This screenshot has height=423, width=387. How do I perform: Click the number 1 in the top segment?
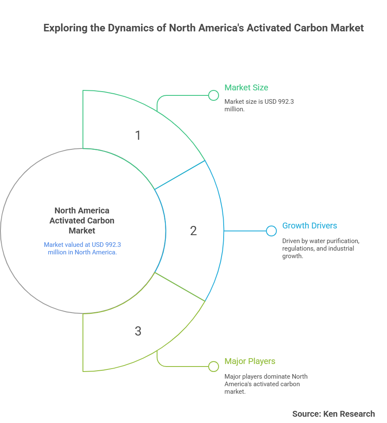click(138, 135)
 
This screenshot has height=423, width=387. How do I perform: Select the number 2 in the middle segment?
click(193, 231)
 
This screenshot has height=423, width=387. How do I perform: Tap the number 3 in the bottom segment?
click(138, 331)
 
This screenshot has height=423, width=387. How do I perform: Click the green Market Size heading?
click(246, 87)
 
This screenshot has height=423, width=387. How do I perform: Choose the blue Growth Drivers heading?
click(310, 226)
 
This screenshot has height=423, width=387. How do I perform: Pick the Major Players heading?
click(250, 361)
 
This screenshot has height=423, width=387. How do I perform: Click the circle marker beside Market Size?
click(213, 95)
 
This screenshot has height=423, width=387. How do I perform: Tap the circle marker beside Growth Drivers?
click(271, 231)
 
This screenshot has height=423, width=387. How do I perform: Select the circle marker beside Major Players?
click(213, 367)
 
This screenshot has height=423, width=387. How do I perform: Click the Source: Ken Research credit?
click(333, 414)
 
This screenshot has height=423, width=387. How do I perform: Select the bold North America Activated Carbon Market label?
click(82, 220)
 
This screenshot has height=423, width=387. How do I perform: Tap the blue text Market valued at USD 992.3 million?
click(83, 248)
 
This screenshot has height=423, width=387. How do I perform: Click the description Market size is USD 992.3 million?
click(259, 105)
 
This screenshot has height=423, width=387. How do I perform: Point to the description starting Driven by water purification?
click(321, 249)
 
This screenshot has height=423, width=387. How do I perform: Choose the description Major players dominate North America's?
click(266, 384)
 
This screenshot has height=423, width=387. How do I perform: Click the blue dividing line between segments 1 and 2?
click(180, 175)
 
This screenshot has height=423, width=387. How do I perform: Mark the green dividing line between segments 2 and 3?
click(180, 287)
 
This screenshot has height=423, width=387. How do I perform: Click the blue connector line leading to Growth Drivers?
click(245, 231)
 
